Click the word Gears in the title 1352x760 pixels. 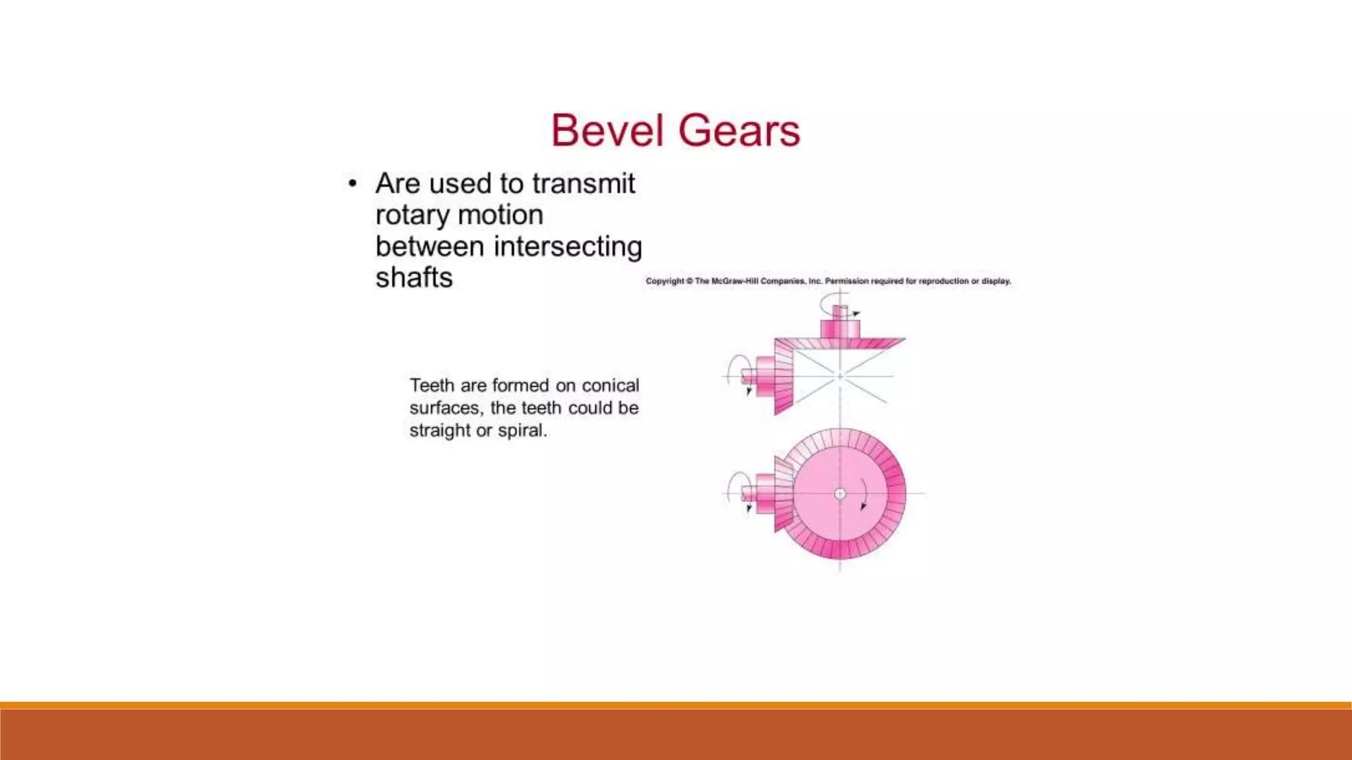pyautogui.click(x=739, y=131)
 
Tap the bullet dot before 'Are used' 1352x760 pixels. pyautogui.click(x=353, y=183)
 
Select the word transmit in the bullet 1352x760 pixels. pyautogui.click(x=584, y=183)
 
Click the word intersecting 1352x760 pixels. pyautogui.click(x=568, y=247)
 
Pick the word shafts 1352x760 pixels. pyautogui.click(x=414, y=278)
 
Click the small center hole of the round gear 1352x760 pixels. pyautogui.click(x=840, y=493)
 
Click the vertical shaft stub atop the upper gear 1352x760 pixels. pyautogui.click(x=840, y=313)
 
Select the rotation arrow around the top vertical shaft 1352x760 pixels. pyautogui.click(x=825, y=303)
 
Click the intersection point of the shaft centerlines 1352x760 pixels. pyautogui.click(x=840, y=376)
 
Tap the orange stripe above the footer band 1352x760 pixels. pyautogui.click(x=676, y=705)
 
